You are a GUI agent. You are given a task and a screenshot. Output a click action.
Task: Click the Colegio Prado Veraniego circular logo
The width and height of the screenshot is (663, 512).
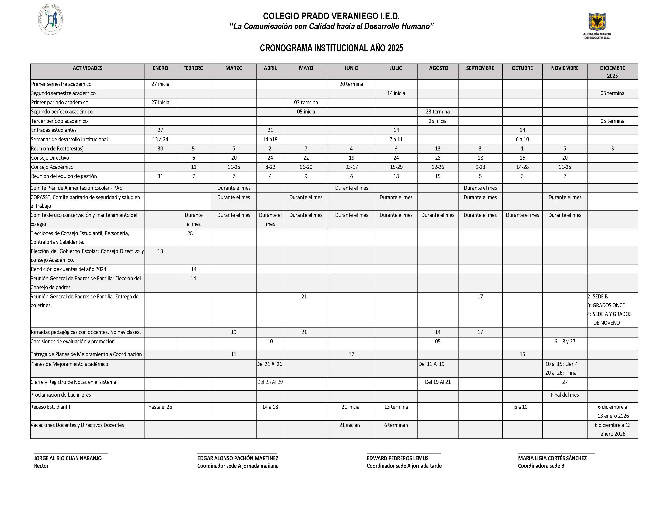(x=51, y=20)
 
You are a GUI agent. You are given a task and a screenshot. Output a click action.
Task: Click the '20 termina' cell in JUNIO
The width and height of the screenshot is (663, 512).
(x=351, y=84)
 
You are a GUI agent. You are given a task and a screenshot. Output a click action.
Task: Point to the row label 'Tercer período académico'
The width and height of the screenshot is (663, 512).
(x=60, y=121)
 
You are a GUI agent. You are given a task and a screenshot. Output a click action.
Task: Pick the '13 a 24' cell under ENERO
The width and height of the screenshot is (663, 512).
(x=160, y=140)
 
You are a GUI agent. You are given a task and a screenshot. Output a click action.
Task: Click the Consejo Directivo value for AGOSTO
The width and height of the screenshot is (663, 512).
(x=437, y=158)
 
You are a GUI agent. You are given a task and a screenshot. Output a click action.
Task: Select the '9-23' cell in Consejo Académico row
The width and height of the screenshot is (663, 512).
(x=480, y=167)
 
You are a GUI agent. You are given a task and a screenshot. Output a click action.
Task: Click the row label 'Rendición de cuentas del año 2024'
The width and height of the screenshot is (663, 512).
(x=69, y=269)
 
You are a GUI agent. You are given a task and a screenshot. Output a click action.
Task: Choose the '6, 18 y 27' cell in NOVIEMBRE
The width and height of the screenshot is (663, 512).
(x=565, y=341)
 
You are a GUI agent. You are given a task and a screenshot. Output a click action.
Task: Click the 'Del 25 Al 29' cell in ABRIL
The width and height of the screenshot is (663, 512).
(x=270, y=382)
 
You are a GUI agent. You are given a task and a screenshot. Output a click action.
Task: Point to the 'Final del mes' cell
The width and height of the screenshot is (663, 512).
(x=565, y=395)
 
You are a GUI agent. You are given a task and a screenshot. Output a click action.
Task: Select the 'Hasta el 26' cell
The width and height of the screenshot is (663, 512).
(x=160, y=407)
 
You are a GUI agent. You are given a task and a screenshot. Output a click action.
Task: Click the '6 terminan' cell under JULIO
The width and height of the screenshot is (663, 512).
(x=396, y=425)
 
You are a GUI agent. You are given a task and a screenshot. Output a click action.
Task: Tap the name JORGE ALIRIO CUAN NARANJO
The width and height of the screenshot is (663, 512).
(x=68, y=458)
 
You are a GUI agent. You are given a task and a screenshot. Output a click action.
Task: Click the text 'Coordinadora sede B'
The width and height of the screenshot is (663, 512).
(x=541, y=466)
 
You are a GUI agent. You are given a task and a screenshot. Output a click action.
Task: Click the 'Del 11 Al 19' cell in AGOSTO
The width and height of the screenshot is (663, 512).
(x=431, y=364)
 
